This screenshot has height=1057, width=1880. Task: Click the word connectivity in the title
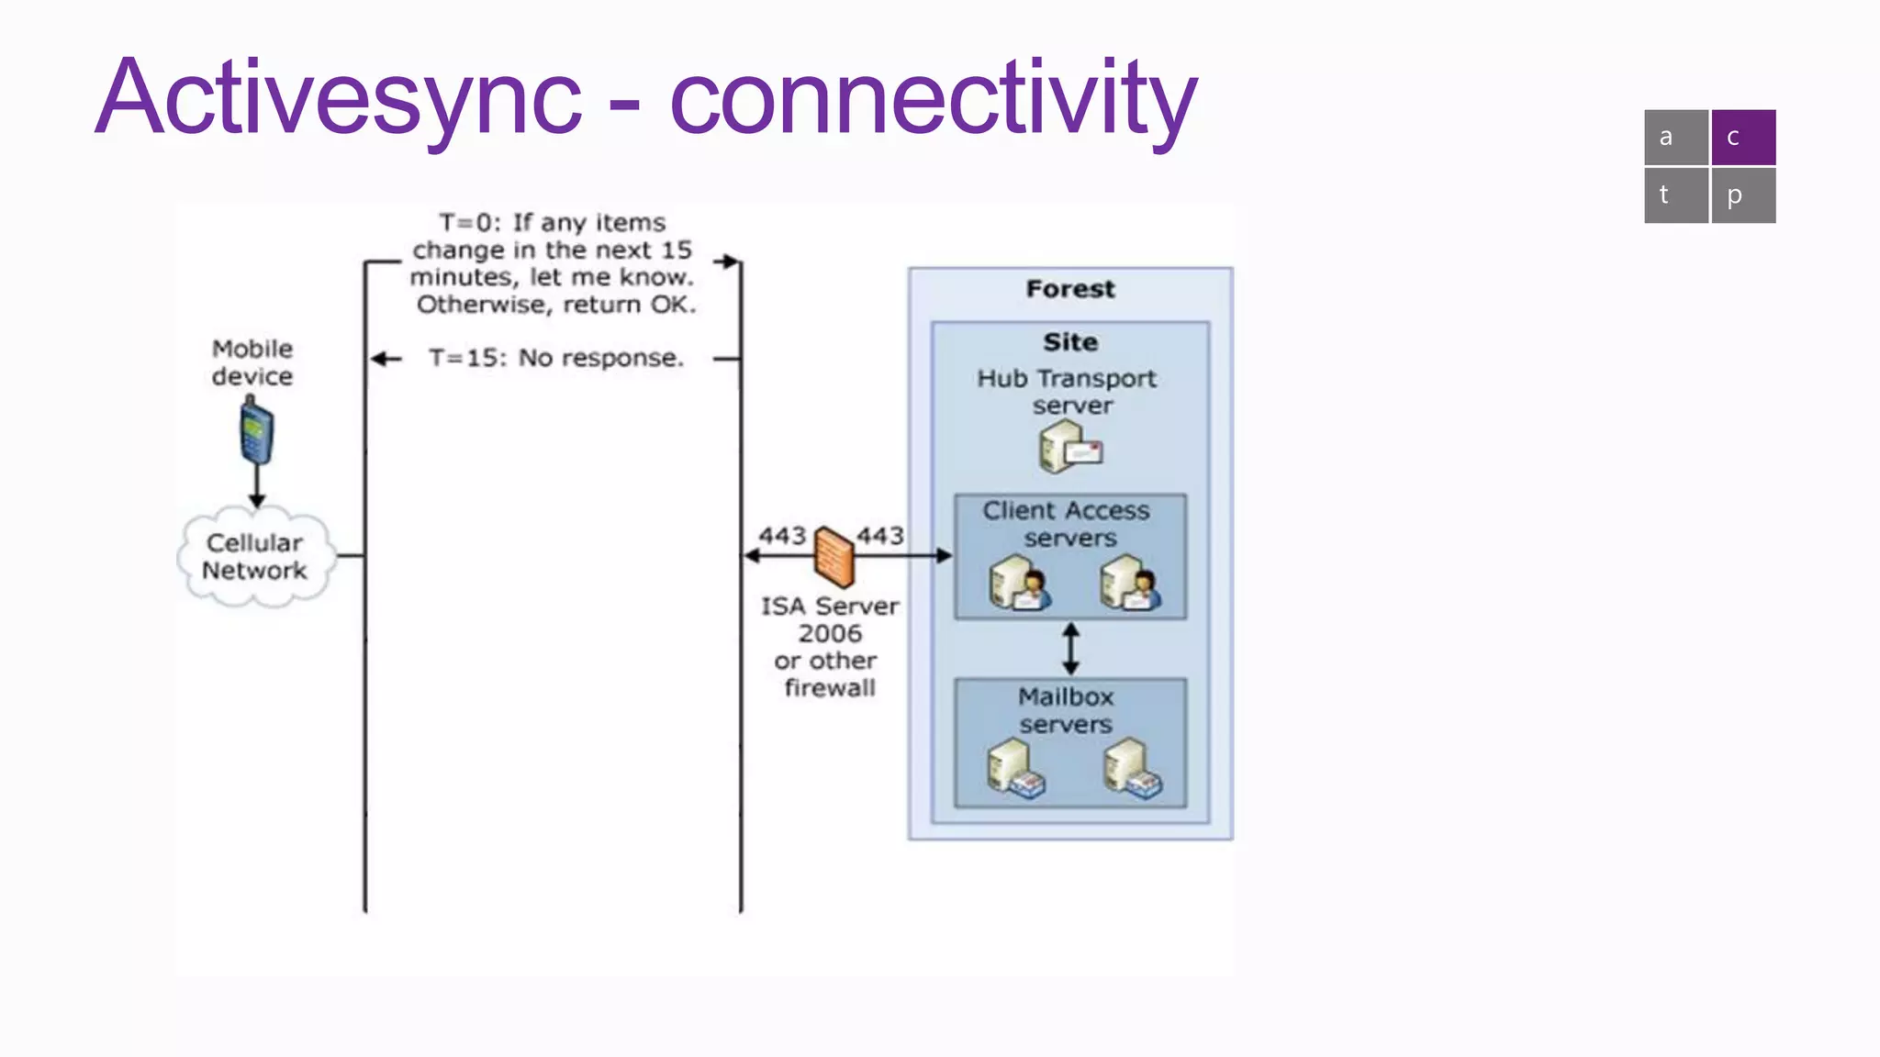coord(933,99)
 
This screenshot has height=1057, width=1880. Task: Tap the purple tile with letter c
coord(1742,138)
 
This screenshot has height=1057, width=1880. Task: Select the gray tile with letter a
coord(1675,138)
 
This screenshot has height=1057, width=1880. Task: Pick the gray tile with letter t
coord(1675,195)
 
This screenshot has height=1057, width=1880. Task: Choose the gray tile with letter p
coord(1742,195)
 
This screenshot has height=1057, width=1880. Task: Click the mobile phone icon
coord(256,433)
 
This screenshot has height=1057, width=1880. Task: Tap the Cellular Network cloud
coord(254,557)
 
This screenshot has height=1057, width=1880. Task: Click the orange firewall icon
coord(834,557)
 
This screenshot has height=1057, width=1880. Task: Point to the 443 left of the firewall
coord(782,536)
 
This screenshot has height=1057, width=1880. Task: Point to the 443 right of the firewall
coord(879,536)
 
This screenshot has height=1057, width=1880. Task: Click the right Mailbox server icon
coord(1131,769)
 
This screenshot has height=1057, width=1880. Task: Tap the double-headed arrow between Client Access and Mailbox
coord(1070,649)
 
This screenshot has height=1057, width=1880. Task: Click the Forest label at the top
coord(1070,289)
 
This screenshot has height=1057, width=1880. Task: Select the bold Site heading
coord(1070,342)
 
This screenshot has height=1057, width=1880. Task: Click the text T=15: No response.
coord(556,358)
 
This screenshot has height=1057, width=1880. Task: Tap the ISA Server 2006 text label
coord(830,620)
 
